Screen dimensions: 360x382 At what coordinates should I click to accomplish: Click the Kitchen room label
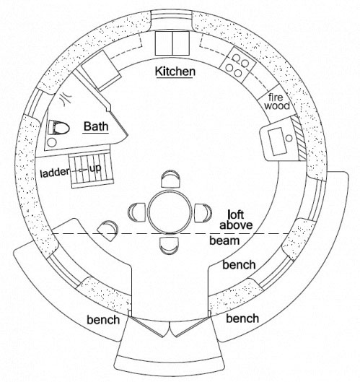[175, 71]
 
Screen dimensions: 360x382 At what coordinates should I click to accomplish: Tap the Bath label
[96, 126]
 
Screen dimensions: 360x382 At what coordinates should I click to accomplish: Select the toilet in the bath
[58, 127]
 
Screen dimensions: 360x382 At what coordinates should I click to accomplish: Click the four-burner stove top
[238, 65]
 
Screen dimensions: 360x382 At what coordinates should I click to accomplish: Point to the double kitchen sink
[172, 43]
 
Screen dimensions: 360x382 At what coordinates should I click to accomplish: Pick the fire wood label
[277, 102]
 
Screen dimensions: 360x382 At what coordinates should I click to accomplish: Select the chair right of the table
[203, 213]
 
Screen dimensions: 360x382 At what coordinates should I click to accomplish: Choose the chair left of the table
[137, 212]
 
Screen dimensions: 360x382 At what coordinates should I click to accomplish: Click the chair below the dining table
[170, 246]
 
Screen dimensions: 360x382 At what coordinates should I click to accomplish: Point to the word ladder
[55, 173]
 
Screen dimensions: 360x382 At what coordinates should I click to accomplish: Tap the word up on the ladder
[95, 168]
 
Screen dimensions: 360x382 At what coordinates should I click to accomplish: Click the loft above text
[236, 220]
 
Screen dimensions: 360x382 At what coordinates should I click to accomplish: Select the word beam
[224, 240]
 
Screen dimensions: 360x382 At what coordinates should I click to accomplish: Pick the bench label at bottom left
[103, 320]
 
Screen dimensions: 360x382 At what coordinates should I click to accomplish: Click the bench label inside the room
[239, 265]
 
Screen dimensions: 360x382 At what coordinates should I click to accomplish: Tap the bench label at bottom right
[242, 318]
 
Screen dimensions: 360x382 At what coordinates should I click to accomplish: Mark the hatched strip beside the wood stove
[299, 138]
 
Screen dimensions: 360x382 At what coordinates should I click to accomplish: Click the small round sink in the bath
[52, 142]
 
